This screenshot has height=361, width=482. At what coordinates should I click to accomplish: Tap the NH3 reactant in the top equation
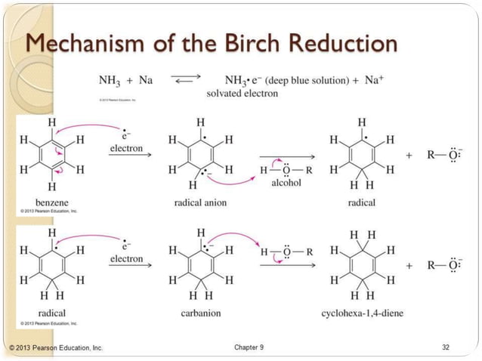click(x=110, y=78)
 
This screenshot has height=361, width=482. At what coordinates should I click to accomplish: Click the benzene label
click(x=52, y=202)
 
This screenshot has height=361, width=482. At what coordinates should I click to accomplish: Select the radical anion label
click(x=200, y=202)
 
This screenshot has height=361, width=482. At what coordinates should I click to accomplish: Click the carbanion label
click(x=200, y=313)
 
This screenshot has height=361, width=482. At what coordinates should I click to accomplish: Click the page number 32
click(x=445, y=347)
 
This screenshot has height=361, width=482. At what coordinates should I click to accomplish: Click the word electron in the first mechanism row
click(x=126, y=149)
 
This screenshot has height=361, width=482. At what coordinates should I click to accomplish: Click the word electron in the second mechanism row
click(x=126, y=259)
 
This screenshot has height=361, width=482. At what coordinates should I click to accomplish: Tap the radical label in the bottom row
click(x=51, y=313)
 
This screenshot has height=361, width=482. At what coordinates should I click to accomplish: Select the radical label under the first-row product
click(x=362, y=202)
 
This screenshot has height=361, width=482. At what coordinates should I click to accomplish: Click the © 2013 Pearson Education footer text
click(x=56, y=347)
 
